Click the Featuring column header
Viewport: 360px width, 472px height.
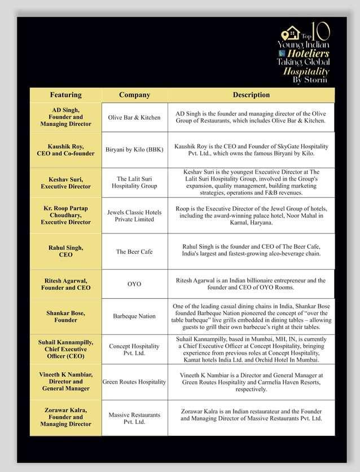coord(65,95)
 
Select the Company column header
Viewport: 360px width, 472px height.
coord(134,95)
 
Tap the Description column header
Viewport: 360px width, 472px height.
coord(251,95)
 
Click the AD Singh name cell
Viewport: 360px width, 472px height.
coord(65,117)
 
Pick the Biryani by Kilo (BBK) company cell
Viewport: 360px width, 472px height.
coord(134,150)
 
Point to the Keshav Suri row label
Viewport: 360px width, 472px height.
coord(65,182)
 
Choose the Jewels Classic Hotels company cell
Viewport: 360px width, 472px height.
coord(134,215)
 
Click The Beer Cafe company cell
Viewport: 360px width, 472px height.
coord(134,252)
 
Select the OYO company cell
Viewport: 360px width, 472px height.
coord(134,284)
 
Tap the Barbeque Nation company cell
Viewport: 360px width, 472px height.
coord(134,316)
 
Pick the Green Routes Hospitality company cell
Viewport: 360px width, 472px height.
coord(134,382)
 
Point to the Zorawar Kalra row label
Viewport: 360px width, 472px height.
coord(65,417)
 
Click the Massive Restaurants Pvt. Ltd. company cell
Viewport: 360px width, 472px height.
coord(134,418)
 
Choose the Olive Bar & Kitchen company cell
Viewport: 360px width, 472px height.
coord(134,117)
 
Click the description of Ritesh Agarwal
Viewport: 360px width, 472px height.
coord(251,284)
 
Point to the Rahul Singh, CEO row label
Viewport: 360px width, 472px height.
coord(65,251)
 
